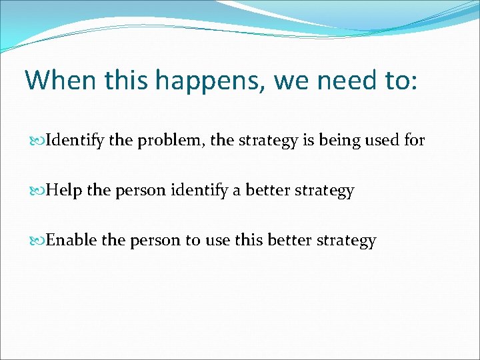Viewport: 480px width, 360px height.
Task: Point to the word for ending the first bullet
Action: [x=413, y=141]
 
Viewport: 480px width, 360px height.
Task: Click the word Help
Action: [x=64, y=191]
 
